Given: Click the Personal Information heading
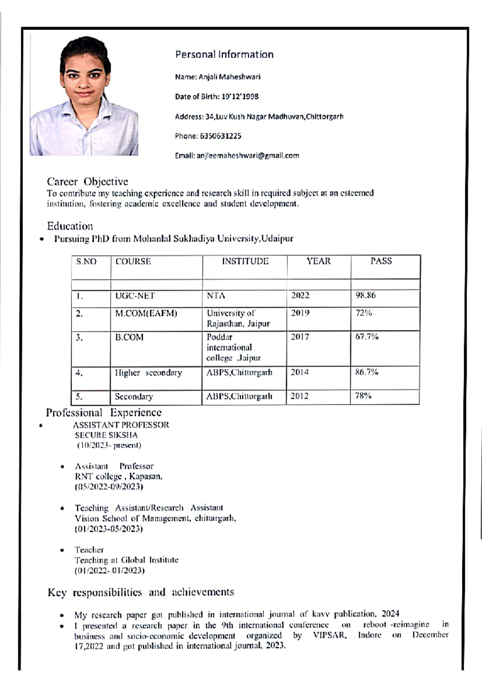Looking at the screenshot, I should click(x=224, y=55).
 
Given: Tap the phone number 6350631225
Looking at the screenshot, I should click(x=221, y=136).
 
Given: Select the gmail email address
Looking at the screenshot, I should click(x=247, y=156).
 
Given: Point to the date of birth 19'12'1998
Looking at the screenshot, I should click(x=240, y=97).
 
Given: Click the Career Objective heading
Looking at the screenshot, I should click(x=87, y=182).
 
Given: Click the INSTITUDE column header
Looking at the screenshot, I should click(x=245, y=261).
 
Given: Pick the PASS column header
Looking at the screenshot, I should click(x=381, y=261).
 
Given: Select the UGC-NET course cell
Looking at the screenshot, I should click(x=135, y=296).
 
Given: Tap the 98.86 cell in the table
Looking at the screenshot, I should click(x=365, y=296).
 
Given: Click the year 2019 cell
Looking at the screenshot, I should click(x=300, y=313).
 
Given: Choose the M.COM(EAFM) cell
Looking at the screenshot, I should click(x=146, y=313).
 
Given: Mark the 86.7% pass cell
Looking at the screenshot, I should click(x=366, y=372).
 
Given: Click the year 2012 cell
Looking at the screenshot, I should click(x=300, y=396).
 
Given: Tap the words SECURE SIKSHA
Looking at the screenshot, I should click(x=106, y=435).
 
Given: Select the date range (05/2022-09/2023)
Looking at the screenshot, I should click(x=109, y=487).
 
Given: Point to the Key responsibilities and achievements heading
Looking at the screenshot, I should click(x=141, y=592).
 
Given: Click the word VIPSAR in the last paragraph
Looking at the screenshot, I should click(x=329, y=636).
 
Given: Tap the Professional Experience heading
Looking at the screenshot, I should click(x=104, y=413).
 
